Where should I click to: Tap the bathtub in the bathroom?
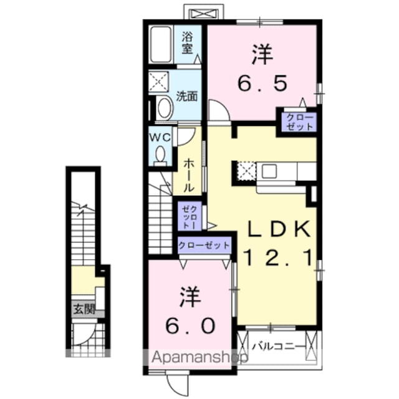point(161,44)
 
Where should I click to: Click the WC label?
point(160,135)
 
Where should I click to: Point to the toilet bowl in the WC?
point(160,154)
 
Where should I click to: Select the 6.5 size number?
point(261,81)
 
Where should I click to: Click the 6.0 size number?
point(191,325)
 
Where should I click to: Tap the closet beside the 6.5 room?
point(297,122)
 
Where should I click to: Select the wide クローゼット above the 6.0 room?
point(204,244)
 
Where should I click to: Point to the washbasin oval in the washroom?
point(165,107)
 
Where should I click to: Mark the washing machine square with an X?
point(158,81)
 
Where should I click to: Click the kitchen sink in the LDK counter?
point(270,170)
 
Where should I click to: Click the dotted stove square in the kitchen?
point(246,171)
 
